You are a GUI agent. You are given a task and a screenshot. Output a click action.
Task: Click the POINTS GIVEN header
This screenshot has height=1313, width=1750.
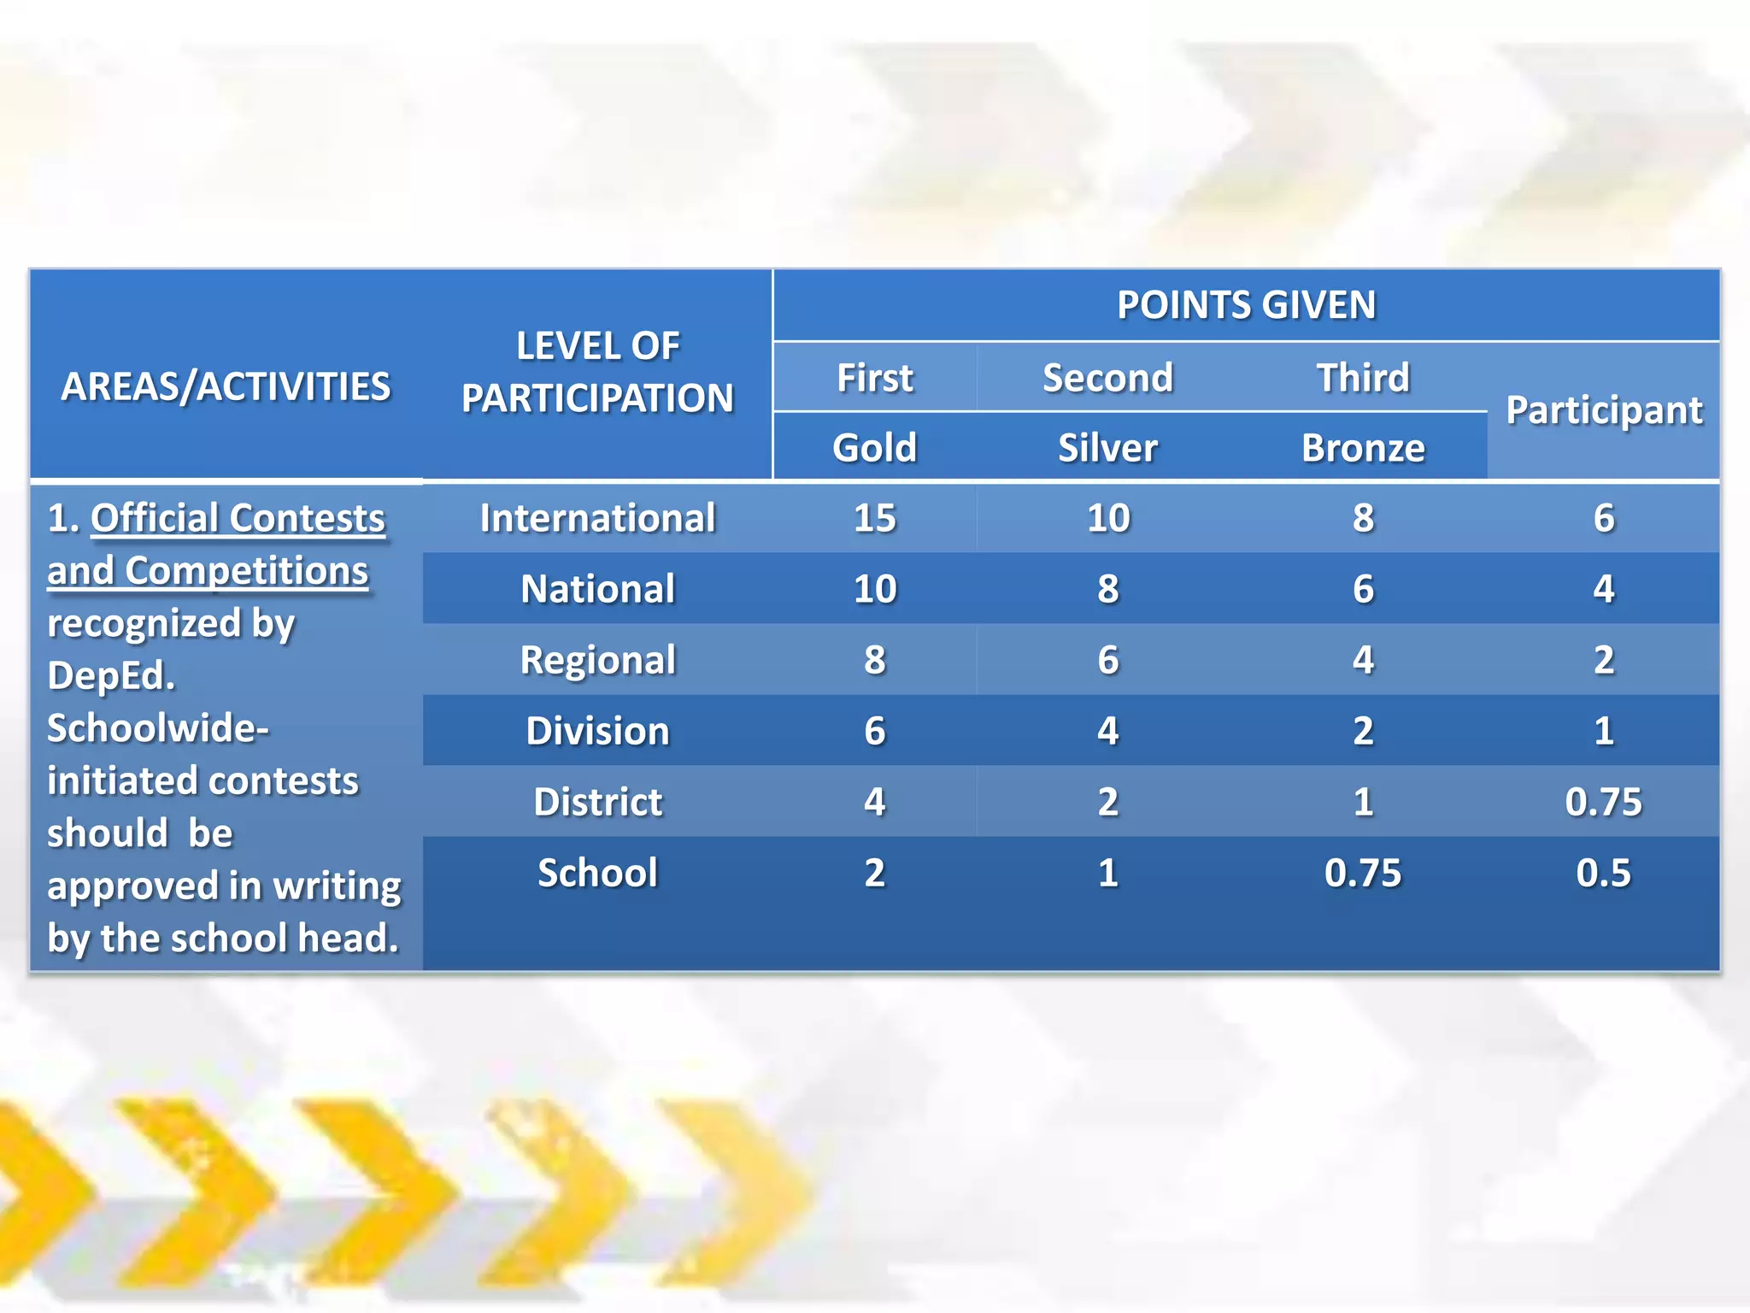pos(1246,305)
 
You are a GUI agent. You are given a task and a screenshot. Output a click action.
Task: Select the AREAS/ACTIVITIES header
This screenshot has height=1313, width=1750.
pos(226,386)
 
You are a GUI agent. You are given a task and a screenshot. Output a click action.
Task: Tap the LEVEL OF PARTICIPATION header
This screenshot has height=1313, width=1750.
pos(598,372)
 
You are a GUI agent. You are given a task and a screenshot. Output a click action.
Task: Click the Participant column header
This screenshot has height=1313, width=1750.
pos(1604,410)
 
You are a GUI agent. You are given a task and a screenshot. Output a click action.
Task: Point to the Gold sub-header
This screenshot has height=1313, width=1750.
pos(875,447)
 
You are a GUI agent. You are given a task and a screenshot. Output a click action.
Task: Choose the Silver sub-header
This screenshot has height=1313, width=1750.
pos(1107,447)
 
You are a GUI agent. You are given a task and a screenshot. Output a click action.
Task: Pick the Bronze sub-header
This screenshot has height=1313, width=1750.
pos(1363,447)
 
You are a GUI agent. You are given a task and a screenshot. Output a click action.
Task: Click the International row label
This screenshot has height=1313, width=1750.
pos(597,518)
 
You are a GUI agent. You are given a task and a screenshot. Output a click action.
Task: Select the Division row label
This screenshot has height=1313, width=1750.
pos(597,731)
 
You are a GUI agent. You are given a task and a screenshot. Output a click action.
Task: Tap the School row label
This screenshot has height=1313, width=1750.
pos(597,873)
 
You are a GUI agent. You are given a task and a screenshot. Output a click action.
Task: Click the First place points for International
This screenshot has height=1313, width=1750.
pos(875,518)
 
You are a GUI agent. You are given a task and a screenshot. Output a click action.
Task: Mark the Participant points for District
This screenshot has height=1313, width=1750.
pos(1603,802)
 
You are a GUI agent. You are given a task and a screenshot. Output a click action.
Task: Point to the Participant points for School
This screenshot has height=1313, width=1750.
pos(1603,873)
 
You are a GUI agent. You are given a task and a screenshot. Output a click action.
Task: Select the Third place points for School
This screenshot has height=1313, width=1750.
pos(1363,873)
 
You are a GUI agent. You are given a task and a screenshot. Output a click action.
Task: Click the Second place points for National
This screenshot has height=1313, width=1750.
pos(1107,589)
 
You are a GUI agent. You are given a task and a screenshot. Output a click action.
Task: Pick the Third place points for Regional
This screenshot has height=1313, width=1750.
pos(1363,660)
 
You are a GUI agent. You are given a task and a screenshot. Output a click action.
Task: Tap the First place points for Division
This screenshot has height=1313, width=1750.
pos(875,731)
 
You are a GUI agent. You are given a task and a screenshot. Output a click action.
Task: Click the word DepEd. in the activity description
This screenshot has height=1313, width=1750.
pos(111,675)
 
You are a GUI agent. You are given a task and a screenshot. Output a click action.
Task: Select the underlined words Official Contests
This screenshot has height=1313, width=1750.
pos(238,518)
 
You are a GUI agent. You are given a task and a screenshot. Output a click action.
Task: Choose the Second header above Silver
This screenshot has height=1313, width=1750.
pos(1107,377)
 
